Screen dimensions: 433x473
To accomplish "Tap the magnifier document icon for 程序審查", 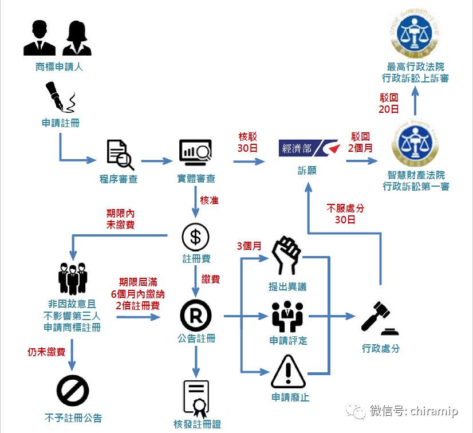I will tap(120, 154).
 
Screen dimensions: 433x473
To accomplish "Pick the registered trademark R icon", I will tap(196, 315).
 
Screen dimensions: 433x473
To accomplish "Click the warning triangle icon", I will tap(287, 372).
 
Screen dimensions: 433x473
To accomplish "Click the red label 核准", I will tap(209, 201).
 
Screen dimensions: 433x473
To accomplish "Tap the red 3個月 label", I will tap(249, 246).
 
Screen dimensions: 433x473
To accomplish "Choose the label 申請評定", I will tap(288, 341).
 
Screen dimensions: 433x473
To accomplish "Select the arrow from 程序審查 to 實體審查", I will tap(156, 162).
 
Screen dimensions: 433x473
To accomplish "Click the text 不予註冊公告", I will tap(73, 417).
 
